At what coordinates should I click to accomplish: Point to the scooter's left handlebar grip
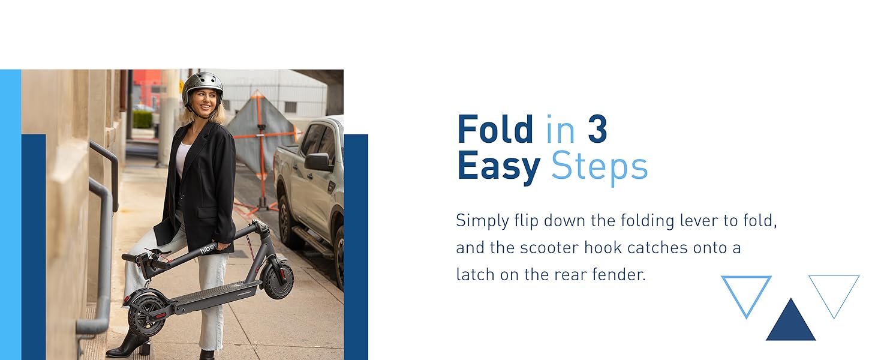pyautogui.click(x=130, y=257)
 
